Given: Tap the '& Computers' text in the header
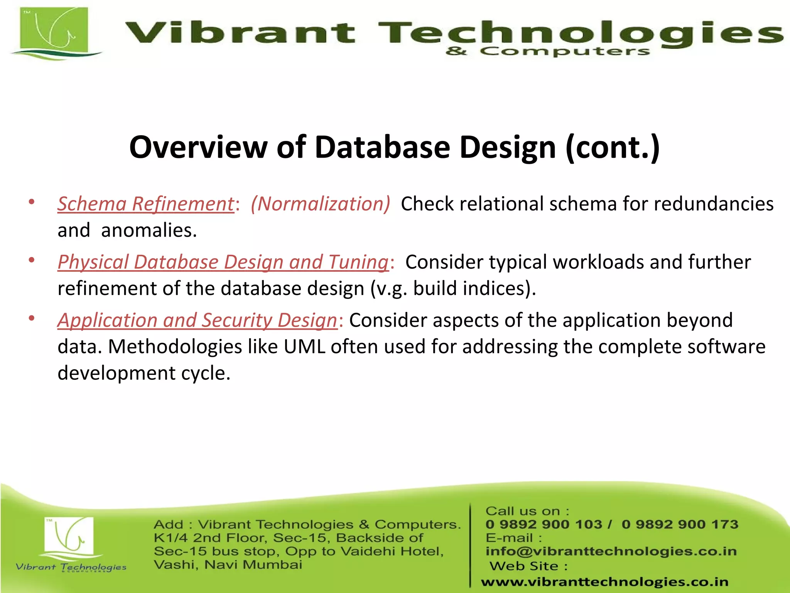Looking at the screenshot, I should (547, 51).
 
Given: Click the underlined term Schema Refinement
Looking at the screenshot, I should (146, 204).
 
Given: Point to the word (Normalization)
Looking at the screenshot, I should (320, 204).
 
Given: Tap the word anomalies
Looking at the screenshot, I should (149, 230).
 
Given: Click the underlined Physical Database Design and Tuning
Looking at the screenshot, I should (223, 262).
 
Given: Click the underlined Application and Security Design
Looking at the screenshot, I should (197, 320).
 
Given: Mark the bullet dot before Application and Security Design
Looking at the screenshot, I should (32, 319).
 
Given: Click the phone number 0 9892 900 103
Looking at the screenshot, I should (544, 524).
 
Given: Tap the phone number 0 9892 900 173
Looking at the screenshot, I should (680, 524).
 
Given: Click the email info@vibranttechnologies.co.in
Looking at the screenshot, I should (611, 551).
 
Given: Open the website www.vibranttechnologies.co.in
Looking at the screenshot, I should (604, 582).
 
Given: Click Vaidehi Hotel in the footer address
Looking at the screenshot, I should (392, 551).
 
